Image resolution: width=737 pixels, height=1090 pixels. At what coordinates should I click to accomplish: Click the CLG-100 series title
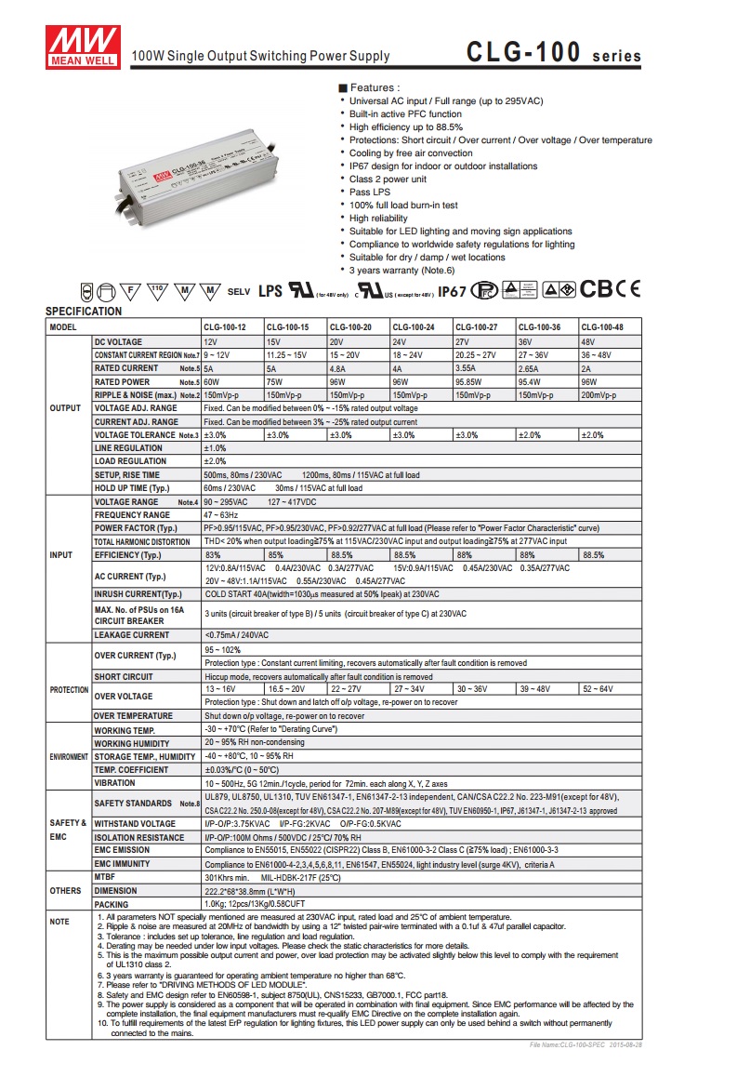554,53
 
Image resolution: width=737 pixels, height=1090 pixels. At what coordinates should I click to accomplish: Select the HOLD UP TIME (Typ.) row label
136,487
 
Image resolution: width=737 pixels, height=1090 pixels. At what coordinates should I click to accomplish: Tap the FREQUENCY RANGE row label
132,514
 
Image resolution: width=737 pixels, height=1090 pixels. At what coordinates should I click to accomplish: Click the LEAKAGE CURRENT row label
132,635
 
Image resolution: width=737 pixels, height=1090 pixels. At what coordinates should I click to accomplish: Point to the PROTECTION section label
69,690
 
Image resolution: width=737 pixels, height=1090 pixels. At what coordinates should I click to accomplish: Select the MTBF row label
105,877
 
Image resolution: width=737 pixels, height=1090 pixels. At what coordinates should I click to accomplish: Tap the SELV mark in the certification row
239,291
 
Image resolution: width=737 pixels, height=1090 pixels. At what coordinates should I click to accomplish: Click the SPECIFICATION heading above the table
84,312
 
